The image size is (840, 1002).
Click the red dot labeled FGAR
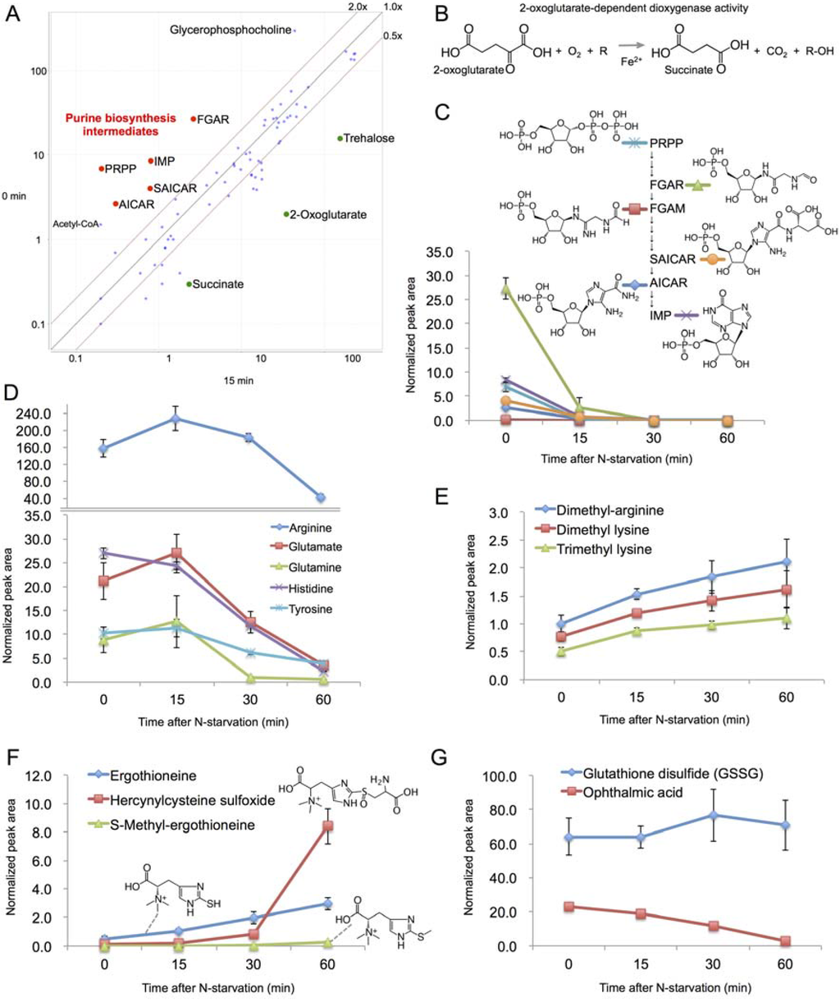click(194, 119)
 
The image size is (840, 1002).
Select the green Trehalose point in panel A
click(340, 138)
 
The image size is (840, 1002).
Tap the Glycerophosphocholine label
click(231, 30)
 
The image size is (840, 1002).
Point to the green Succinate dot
click(189, 284)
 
